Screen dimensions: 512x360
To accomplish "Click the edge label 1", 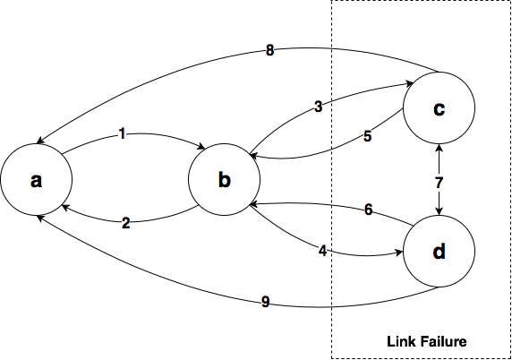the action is click(122, 134).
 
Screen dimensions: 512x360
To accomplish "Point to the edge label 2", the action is click(125, 224).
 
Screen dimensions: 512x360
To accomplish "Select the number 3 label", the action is click(318, 107).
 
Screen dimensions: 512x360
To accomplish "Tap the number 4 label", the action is click(322, 251).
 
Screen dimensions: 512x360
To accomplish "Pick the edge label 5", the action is click(367, 136).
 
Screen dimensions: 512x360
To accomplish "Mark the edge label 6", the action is click(368, 210).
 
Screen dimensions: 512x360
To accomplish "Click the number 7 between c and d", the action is click(439, 184).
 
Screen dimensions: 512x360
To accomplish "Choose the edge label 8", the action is click(269, 50).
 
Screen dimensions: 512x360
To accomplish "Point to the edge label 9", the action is click(265, 302).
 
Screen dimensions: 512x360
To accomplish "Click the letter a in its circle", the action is click(36, 181).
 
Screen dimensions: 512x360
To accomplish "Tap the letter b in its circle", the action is click(224, 180).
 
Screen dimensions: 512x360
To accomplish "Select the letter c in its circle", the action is click(439, 109).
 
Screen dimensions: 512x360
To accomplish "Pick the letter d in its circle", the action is click(439, 252).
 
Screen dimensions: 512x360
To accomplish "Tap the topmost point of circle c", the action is click(439, 73).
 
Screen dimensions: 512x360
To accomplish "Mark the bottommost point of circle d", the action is click(439, 287).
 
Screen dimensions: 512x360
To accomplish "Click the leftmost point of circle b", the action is click(189, 180).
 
